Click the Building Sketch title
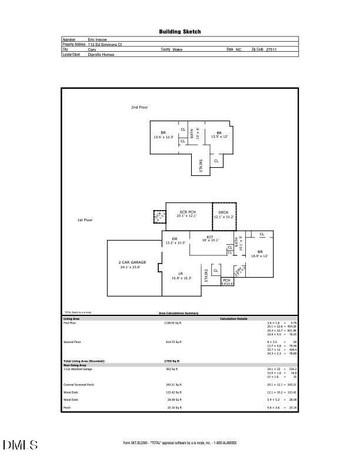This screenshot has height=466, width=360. [180, 32]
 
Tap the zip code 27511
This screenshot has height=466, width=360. [271, 50]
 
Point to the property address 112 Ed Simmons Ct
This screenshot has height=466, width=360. [105, 45]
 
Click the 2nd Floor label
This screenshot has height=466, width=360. [139, 108]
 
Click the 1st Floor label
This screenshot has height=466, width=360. [85, 220]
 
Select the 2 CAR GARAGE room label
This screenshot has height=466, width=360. [132, 262]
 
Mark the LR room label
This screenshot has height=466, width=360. [175, 274]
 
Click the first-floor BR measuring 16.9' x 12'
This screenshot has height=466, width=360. [259, 252]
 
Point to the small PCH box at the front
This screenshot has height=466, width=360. [226, 281]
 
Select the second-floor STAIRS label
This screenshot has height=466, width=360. [201, 165]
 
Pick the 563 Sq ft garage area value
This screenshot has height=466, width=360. [171, 369]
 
